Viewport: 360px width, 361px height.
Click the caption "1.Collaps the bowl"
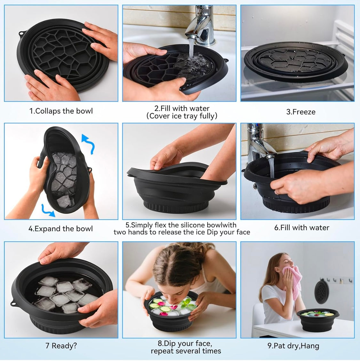tap(61, 111)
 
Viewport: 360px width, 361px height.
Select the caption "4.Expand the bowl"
tap(60, 229)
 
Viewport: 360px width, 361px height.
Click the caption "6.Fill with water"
tap(301, 228)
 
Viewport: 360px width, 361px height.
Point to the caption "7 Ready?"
tap(61, 346)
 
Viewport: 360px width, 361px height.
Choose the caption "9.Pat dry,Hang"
tap(293, 346)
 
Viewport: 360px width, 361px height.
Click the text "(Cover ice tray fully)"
tap(182, 116)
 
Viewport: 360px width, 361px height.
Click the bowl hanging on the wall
tap(322, 291)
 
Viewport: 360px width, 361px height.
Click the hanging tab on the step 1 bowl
tap(21, 33)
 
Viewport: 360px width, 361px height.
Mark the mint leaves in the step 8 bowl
tap(188, 303)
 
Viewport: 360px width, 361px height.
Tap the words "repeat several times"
tap(186, 351)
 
